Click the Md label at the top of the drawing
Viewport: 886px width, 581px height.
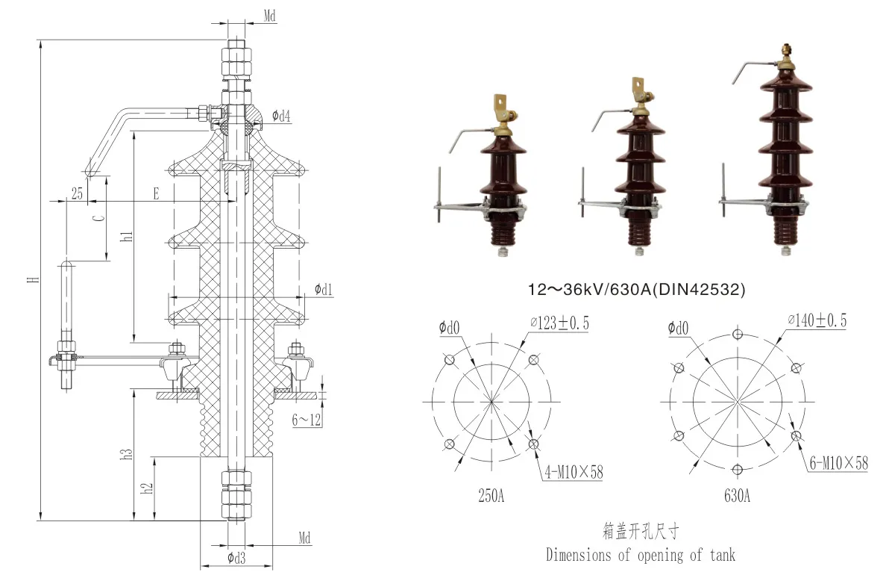273,15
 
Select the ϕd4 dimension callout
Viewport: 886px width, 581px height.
281,116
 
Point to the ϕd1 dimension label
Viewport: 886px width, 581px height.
324,289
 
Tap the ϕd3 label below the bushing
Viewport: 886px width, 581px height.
236,558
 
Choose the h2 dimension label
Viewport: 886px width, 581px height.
148,487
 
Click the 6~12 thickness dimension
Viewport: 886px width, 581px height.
307,420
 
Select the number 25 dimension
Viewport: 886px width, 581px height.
77,194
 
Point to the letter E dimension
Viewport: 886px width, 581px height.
156,194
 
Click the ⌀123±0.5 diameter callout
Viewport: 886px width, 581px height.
559,323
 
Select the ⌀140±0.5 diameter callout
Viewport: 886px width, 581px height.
817,321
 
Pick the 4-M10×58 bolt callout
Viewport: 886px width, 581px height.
573,472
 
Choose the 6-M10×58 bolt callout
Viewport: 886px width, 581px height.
839,463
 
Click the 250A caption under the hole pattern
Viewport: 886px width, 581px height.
491,496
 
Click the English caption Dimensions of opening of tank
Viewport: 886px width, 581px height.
640,555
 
